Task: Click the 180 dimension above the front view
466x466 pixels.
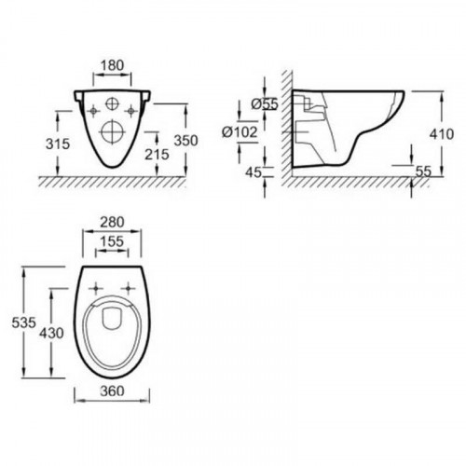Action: [x=112, y=65]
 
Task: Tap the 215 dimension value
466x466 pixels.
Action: [x=156, y=154]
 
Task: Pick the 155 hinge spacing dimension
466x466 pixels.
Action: [x=112, y=240]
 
